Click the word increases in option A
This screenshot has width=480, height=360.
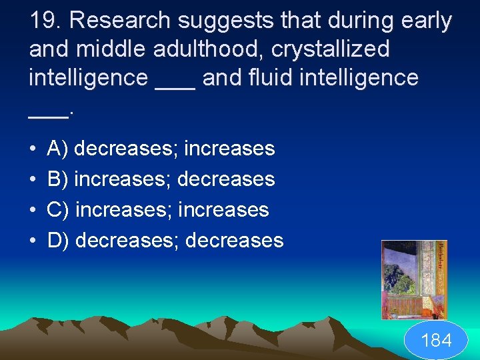229,149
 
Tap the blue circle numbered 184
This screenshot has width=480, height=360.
437,341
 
